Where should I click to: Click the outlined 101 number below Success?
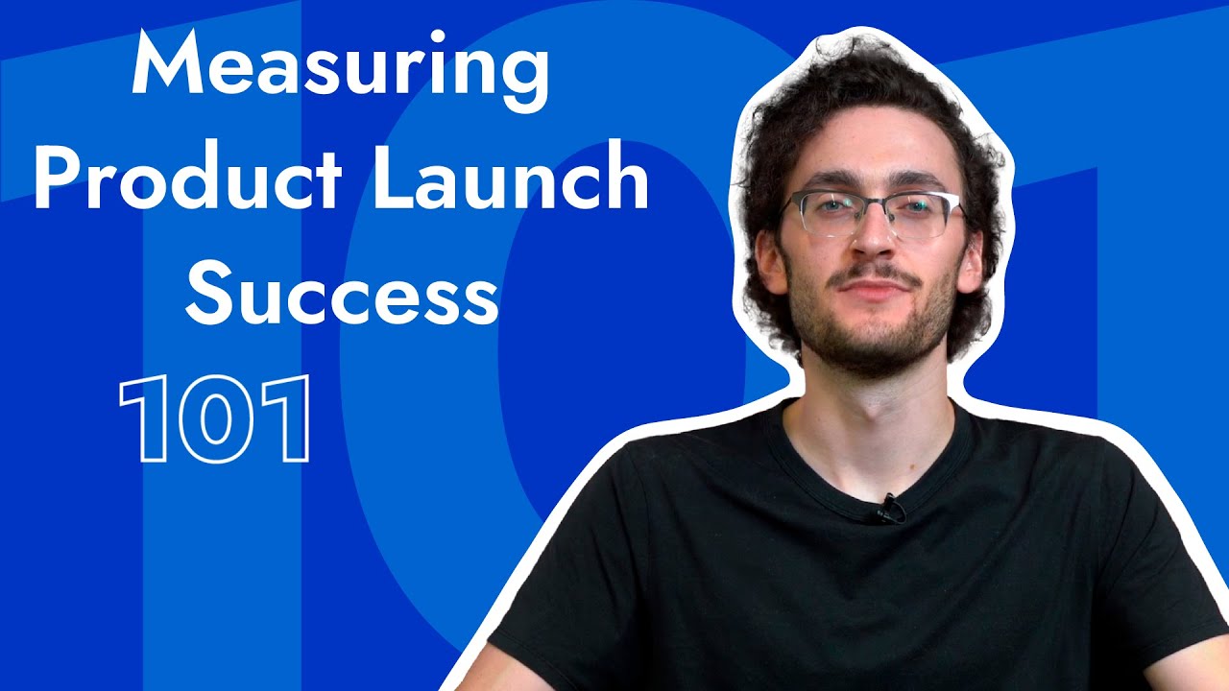[x=215, y=419]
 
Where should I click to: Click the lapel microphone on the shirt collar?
[x=887, y=509]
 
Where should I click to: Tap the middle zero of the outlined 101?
[x=215, y=419]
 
